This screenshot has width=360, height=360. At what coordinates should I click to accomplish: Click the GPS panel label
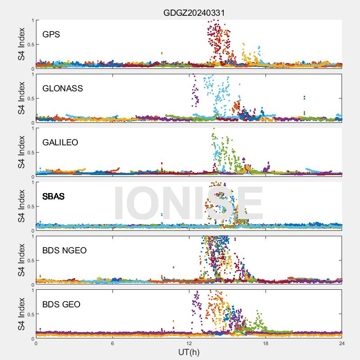tap(51, 34)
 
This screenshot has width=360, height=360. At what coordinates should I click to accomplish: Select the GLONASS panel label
tap(63, 88)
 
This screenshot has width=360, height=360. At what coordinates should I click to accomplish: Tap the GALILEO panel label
tap(60, 142)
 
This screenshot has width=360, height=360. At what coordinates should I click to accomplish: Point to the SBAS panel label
tap(54, 196)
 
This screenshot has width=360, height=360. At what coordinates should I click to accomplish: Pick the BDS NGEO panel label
tap(64, 250)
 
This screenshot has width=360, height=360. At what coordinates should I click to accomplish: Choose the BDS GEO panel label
tap(61, 304)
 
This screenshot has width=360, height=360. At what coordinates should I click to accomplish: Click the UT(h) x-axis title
tap(189, 351)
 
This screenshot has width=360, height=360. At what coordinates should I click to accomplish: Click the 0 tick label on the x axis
tap(36, 343)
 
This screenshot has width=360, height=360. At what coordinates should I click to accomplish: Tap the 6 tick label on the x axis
tap(112, 343)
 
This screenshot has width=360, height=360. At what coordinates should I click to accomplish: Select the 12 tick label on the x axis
tap(189, 343)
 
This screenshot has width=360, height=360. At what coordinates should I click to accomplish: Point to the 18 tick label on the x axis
tap(265, 343)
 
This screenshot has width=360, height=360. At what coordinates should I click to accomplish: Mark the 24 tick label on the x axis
tap(342, 343)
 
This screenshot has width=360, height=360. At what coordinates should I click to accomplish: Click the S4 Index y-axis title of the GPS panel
tap(21, 44)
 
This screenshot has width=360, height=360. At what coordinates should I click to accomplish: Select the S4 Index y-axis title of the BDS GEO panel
tap(21, 314)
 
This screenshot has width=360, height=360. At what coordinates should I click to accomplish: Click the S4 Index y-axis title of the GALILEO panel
tap(21, 152)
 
